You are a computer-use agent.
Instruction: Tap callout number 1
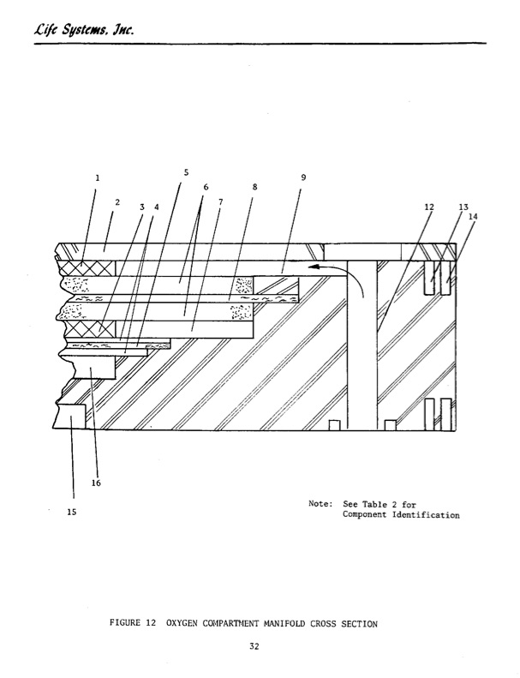[98, 177]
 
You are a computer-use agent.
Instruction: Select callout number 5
[186, 172]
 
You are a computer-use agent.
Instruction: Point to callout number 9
[303, 177]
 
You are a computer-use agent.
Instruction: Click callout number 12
[429, 207]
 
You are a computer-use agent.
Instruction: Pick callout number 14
[473, 216]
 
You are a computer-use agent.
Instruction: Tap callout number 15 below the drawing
[72, 512]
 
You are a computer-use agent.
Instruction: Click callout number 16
[96, 483]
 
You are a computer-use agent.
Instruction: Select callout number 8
[254, 187]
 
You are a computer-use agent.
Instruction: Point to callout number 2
[117, 202]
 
